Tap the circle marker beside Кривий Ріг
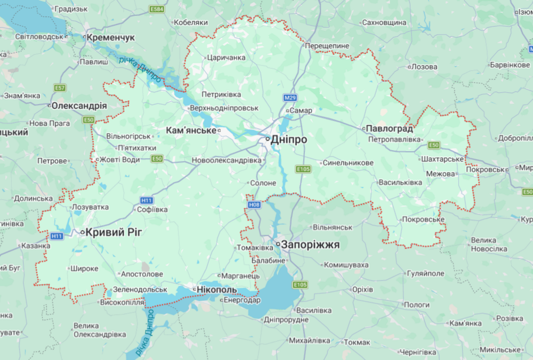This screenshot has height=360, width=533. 83,232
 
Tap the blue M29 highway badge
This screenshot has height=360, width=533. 289,98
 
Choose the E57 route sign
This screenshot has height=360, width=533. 60,87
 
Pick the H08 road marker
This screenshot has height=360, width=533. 254,204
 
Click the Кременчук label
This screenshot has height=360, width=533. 110,38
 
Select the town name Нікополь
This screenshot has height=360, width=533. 216,289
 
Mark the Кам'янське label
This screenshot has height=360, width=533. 191,130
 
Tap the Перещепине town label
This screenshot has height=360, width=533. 327,46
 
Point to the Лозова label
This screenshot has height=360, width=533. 424,67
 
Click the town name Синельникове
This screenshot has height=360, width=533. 348,162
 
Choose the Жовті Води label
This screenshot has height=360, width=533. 122,159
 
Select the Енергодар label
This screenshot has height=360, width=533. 243,300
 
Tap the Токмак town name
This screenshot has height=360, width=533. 357,342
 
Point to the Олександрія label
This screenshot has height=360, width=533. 79,105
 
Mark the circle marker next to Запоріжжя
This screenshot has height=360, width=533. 278,244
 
